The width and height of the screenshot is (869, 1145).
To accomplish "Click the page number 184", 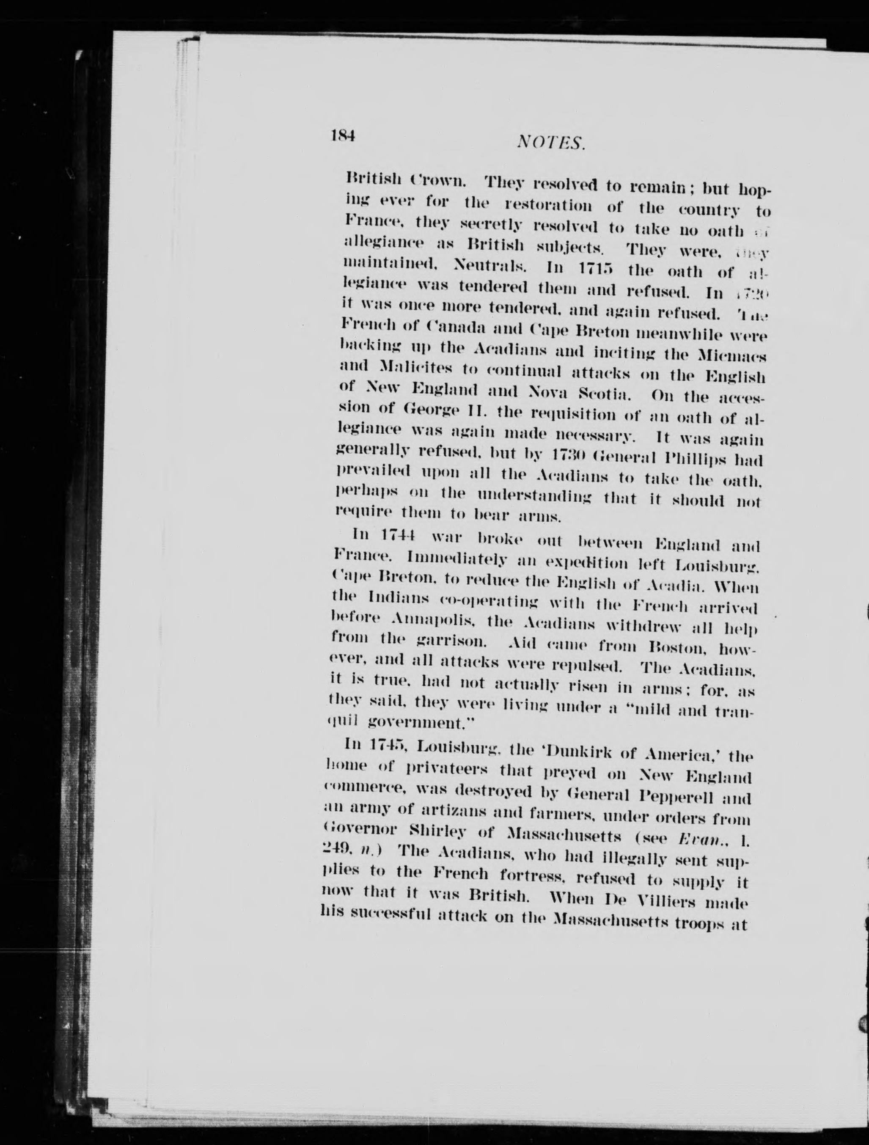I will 343,136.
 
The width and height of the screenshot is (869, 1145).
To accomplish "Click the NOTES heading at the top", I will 551,141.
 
